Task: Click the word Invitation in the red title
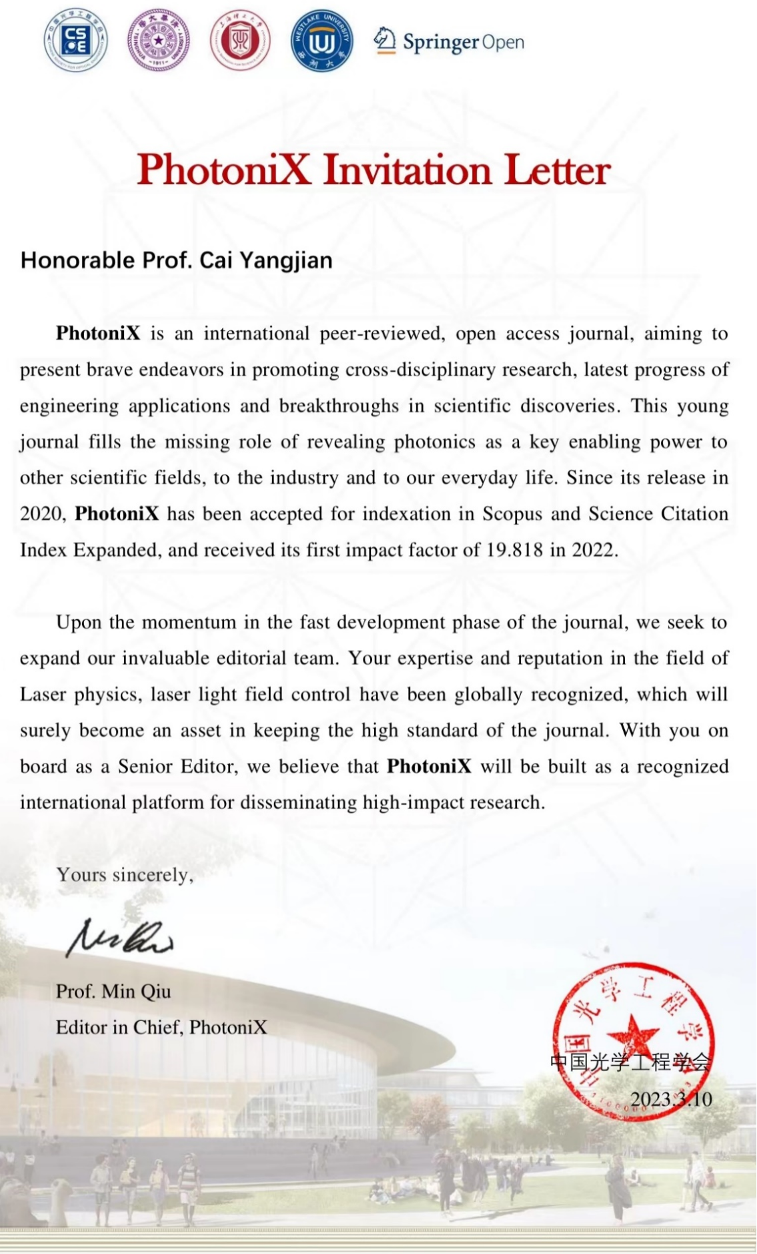[408, 170]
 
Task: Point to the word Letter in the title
[557, 170]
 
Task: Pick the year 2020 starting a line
[41, 514]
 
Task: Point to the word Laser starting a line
[43, 694]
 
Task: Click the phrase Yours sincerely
[125, 874]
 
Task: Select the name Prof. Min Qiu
[113, 991]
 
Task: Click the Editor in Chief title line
[161, 1027]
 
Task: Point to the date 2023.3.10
[671, 1099]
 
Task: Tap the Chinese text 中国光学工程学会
[630, 1062]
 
